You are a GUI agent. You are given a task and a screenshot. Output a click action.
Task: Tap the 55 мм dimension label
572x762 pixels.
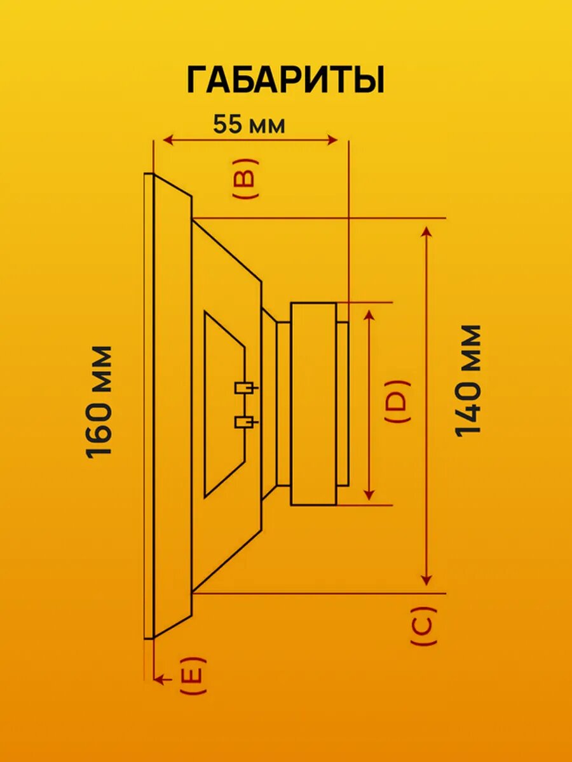[x=249, y=124]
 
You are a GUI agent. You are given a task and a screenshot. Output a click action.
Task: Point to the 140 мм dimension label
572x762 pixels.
[x=468, y=380]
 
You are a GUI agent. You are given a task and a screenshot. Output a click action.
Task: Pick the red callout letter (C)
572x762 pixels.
[x=424, y=626]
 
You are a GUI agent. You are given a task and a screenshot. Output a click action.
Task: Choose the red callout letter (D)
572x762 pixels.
[x=398, y=402]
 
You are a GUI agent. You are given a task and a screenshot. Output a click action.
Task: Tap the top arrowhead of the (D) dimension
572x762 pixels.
[x=369, y=316]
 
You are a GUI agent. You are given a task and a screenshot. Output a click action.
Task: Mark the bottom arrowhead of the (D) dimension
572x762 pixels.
[x=369, y=494]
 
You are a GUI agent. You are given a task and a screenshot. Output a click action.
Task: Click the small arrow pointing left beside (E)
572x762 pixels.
[x=163, y=679]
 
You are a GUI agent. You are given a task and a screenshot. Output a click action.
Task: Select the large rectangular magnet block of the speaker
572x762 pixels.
[x=313, y=404]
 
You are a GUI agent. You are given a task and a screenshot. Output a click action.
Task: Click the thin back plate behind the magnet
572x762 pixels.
[x=343, y=404]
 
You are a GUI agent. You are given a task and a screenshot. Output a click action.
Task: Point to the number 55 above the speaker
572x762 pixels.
[x=227, y=124]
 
